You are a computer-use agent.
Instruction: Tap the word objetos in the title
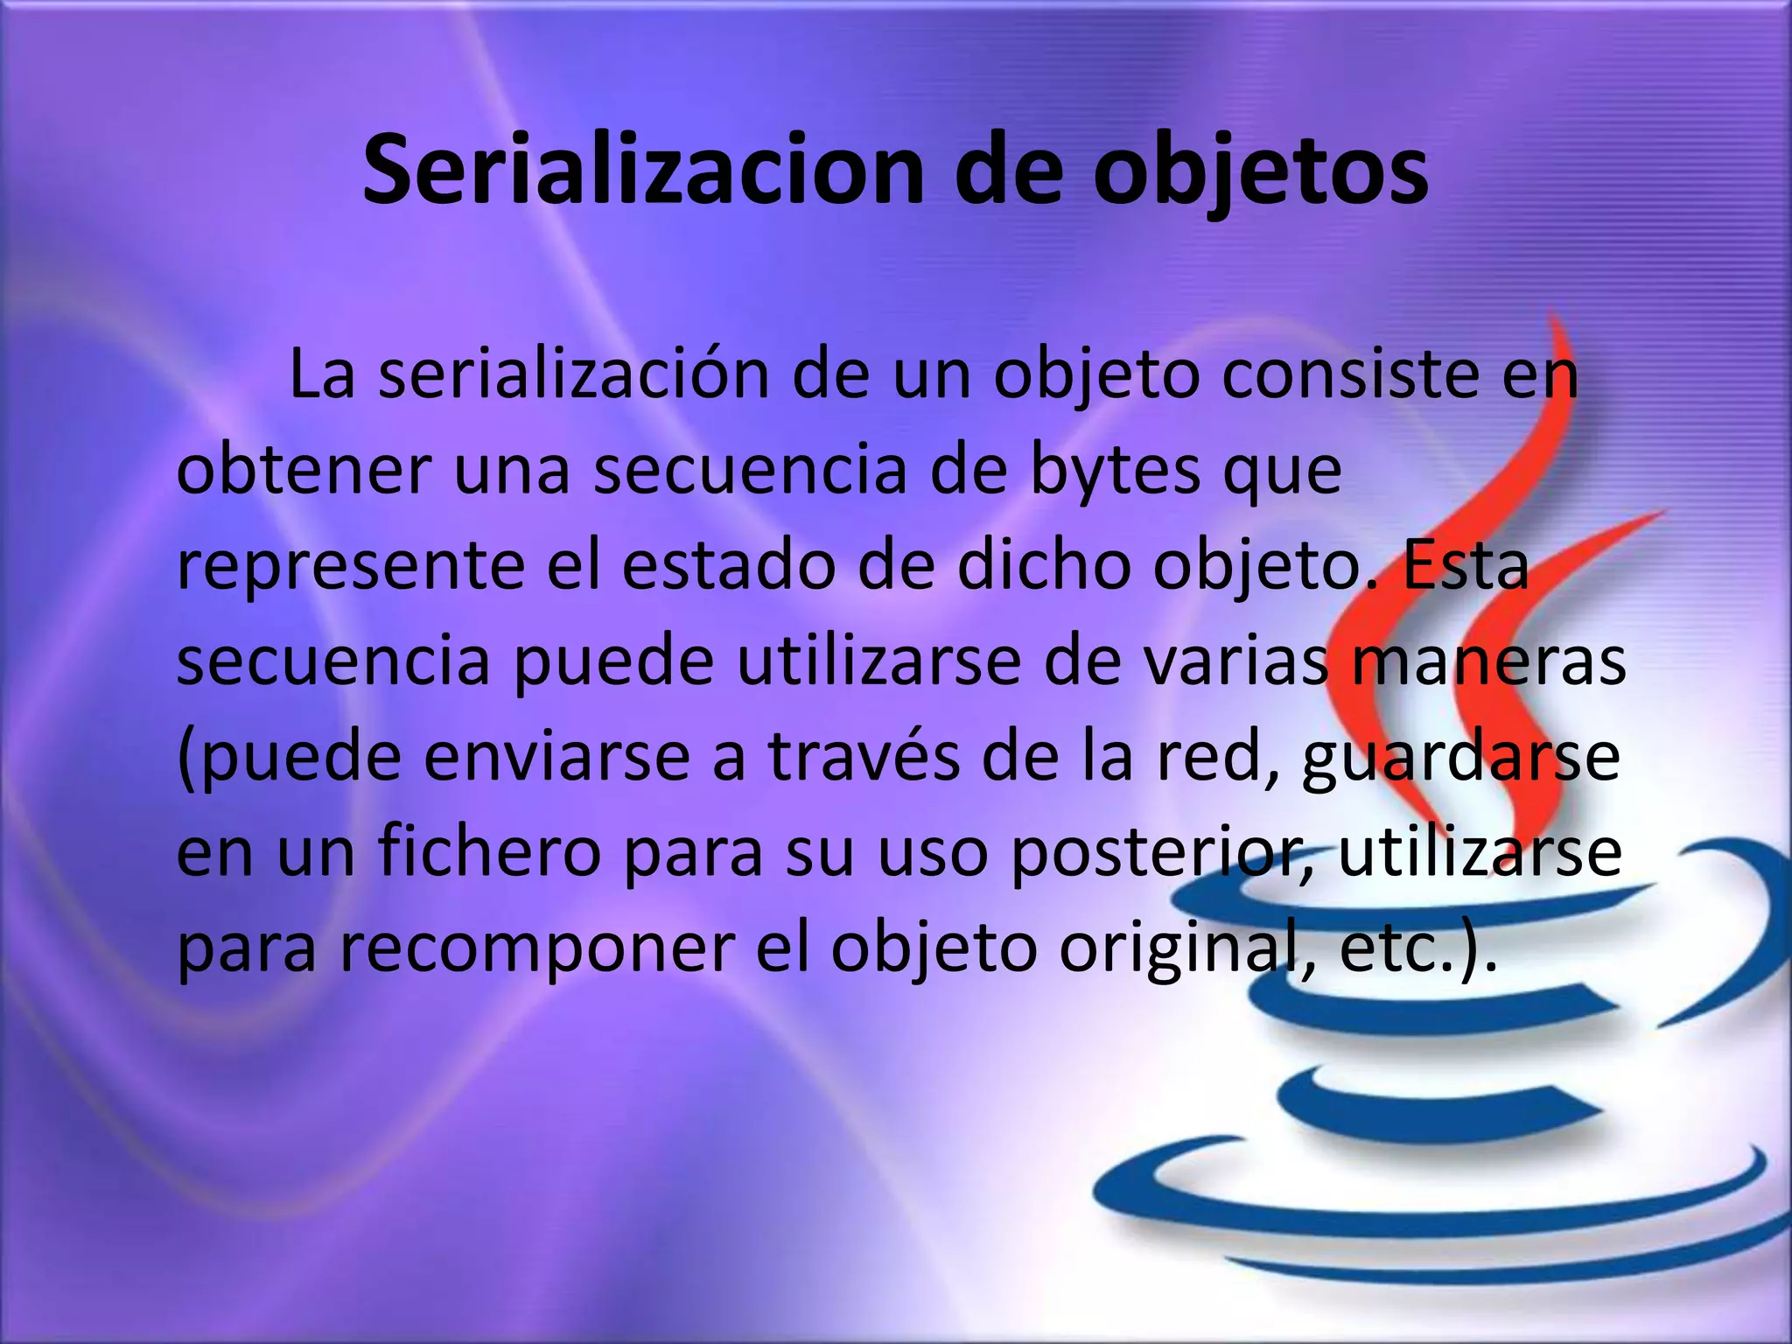1261,171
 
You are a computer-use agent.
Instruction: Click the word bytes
1115,470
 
